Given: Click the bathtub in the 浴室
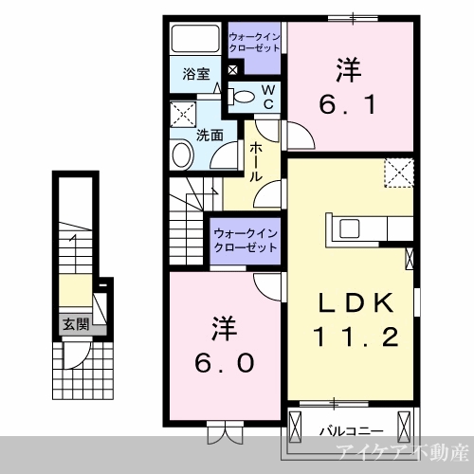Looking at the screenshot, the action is pos(195,38).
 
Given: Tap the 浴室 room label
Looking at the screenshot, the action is pos(196,74).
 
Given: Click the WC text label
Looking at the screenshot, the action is pos(268,98).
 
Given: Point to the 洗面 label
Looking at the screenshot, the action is pos(210,136).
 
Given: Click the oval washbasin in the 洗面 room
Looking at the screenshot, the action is pos(182,154).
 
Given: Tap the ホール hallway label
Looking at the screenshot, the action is pos(256,162).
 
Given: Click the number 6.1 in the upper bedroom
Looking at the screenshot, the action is pos(348,105).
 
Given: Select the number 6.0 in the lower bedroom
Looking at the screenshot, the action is pos(224,363).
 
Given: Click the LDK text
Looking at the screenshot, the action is pos(355,303).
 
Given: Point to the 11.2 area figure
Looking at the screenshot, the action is pos(355,337).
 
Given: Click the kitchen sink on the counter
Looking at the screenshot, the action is pos(349,228).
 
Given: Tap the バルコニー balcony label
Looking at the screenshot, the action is pos(351,431).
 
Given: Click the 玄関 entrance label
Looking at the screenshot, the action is pos(76,324).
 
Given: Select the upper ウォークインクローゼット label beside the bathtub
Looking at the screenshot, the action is pos(254,43).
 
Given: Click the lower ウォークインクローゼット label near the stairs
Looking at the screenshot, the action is pos(246,241).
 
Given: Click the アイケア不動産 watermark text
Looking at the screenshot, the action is pos(402,453).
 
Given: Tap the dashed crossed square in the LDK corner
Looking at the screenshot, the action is pos(399,173).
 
